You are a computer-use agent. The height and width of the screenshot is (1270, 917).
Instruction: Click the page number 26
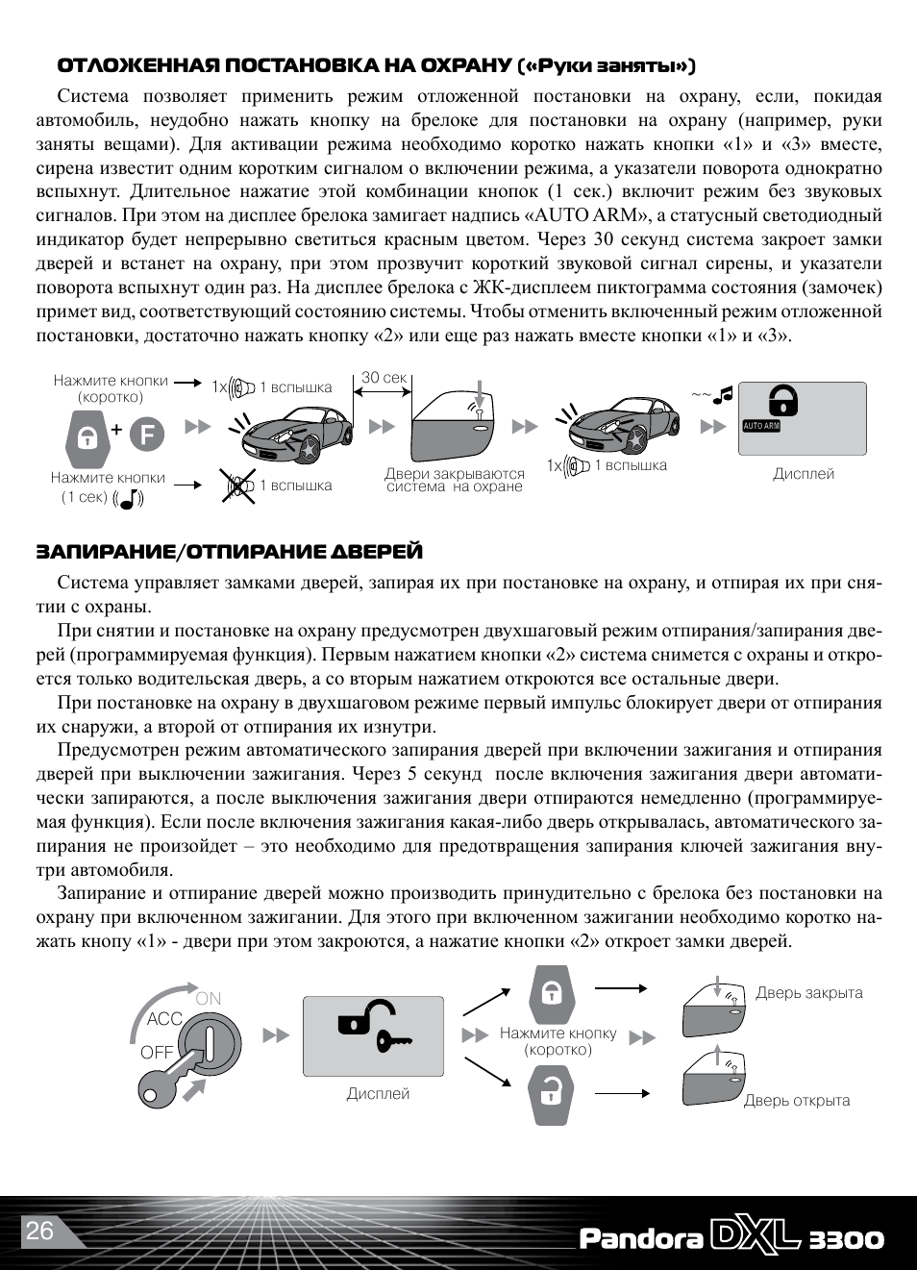coord(39,1231)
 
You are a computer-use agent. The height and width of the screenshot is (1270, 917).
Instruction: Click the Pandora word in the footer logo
coord(640,1238)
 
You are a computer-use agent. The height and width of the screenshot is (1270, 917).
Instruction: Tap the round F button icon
coord(146,435)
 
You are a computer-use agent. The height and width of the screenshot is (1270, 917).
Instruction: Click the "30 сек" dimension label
coord(384,378)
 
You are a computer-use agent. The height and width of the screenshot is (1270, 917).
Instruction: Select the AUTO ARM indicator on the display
coord(761,426)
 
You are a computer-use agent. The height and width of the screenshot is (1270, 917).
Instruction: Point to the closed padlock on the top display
coord(783,399)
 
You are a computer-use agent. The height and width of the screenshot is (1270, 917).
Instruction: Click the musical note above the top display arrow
coord(722,394)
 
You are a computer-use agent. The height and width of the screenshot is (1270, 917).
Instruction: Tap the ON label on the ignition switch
coord(208,999)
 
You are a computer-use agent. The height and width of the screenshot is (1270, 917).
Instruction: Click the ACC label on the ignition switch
coord(164,1019)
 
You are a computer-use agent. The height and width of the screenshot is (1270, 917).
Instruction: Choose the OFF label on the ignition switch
coord(157,1052)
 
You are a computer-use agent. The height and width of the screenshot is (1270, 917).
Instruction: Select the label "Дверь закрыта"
coord(808,993)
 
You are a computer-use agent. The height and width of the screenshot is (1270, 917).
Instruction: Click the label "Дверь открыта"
coord(797,1101)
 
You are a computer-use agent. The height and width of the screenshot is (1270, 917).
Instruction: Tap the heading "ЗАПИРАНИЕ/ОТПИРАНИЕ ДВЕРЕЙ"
coord(230,552)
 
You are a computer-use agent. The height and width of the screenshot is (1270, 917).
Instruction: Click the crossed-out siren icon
coord(236,486)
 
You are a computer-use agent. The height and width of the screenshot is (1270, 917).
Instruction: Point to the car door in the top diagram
coord(453,427)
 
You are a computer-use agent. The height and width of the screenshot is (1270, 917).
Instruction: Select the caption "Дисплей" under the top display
coord(804,474)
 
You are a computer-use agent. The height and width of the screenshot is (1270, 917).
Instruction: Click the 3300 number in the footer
coord(846,1239)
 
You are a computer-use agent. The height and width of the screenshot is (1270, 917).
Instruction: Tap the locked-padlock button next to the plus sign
coord(87,437)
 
